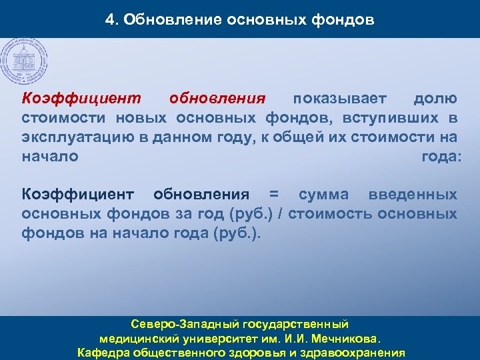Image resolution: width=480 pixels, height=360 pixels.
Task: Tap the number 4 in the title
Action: pyautogui.click(x=110, y=19)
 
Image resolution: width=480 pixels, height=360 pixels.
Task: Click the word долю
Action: pyautogui.click(x=435, y=99)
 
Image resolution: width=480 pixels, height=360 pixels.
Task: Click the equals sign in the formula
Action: pyautogui.click(x=273, y=195)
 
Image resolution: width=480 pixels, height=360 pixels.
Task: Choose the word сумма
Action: pyautogui.click(x=323, y=195)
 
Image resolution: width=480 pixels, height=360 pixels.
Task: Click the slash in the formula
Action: pyautogui.click(x=283, y=214)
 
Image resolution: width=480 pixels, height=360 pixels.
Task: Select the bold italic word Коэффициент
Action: pyautogui.click(x=82, y=99)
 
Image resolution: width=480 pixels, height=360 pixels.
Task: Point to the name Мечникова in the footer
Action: pyautogui.click(x=352, y=339)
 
